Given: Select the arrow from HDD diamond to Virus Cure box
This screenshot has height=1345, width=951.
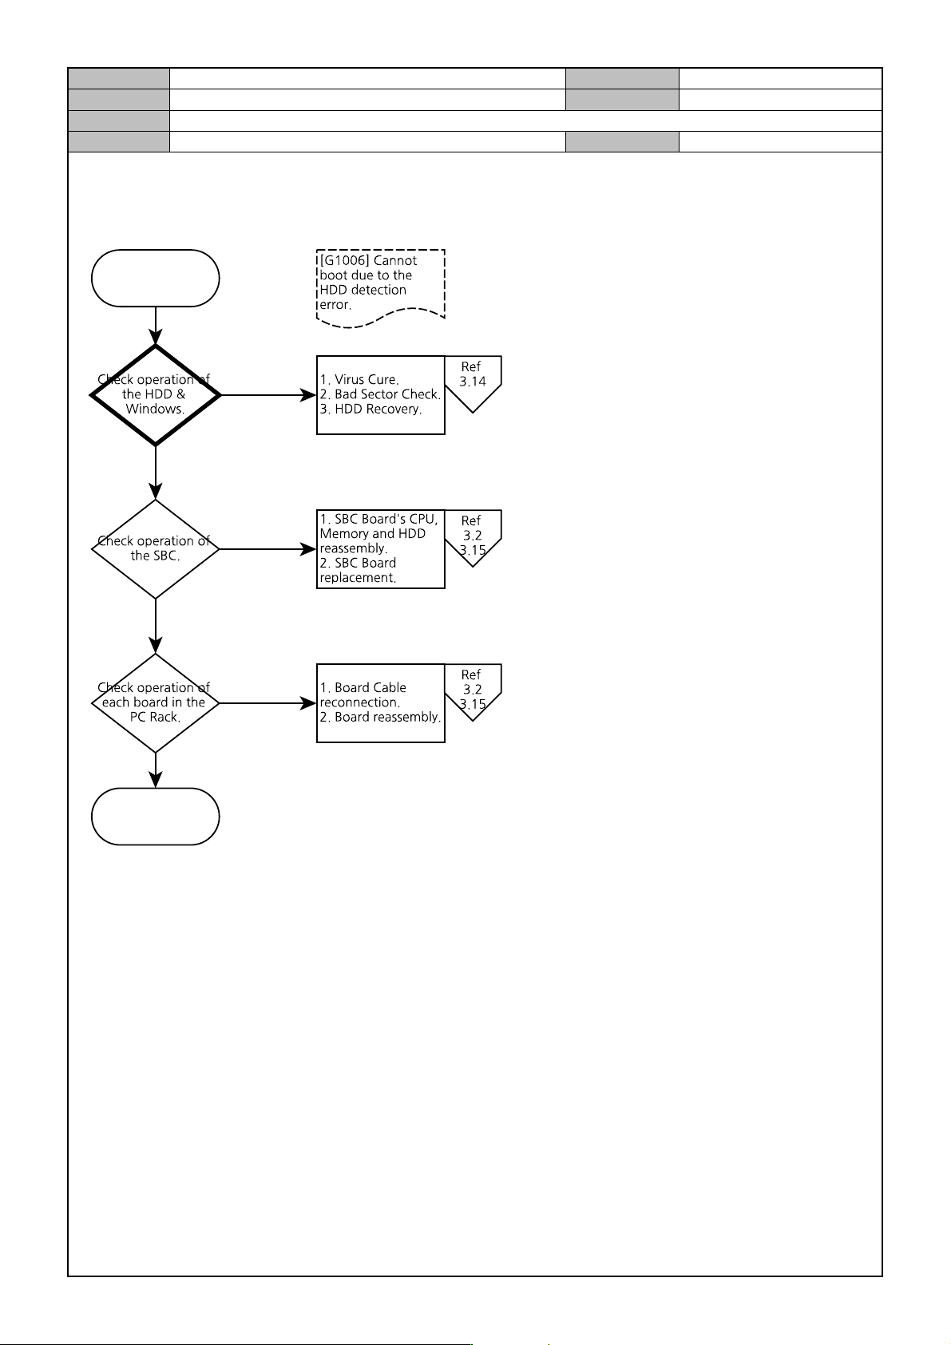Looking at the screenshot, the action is (x=268, y=395).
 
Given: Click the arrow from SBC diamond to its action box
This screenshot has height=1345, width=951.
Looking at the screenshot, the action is (x=268, y=549).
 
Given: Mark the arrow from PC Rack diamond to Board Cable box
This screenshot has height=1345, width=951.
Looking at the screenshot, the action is (x=268, y=703).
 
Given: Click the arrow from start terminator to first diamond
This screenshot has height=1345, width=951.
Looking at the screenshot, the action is (x=155, y=326).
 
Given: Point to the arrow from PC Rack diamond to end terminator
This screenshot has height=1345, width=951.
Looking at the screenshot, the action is (x=155, y=770).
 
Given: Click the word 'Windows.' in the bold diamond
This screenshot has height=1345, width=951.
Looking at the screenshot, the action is (x=155, y=409).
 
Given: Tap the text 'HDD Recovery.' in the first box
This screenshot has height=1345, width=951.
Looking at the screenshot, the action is (x=378, y=409).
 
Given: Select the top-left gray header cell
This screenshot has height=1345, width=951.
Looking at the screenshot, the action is (x=119, y=79).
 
